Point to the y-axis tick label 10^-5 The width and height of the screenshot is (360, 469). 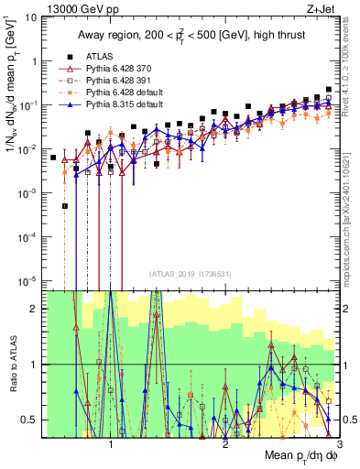point(29,280)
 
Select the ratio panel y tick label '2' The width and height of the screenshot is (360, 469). point(36,309)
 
